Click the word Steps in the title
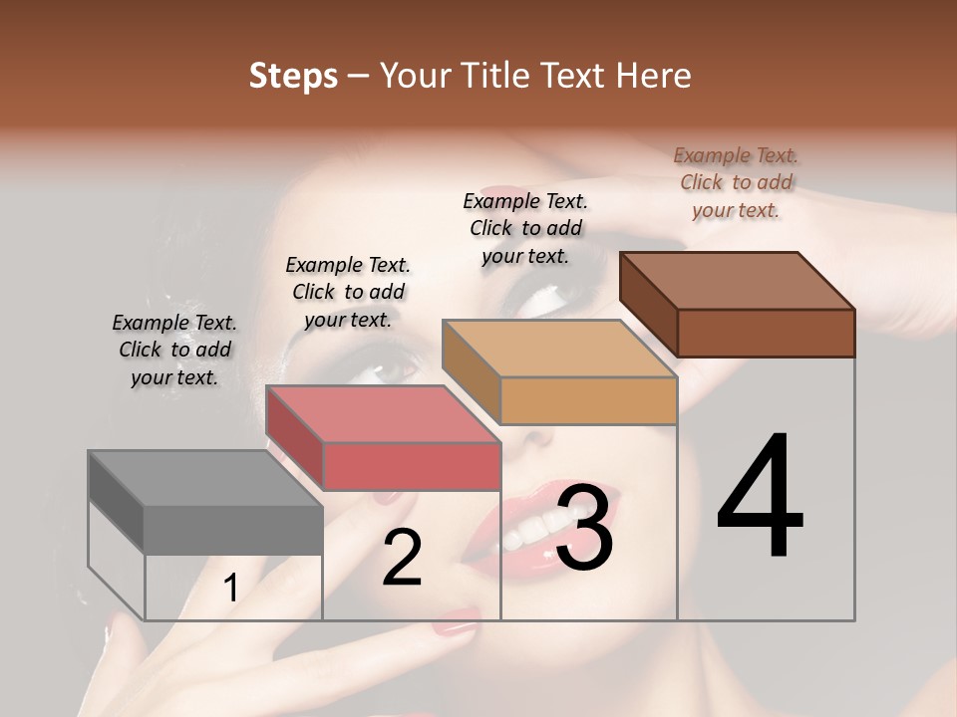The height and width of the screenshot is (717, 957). tap(293, 77)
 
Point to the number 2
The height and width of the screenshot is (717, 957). tap(402, 558)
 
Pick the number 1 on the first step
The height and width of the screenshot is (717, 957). tap(230, 589)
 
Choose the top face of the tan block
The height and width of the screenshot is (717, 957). tap(558, 349)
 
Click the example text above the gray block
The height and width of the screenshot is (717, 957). tap(174, 350)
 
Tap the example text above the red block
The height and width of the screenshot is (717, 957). tap(348, 292)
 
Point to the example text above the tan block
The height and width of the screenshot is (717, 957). tap(525, 228)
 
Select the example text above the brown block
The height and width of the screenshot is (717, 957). tap(736, 182)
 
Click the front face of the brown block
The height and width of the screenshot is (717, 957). tap(766, 333)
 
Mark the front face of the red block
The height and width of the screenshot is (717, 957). tap(412, 466)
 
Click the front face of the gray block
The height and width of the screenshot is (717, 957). tap(233, 530)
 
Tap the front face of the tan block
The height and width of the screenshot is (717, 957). tap(588, 401)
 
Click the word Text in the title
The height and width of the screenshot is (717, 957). tap(577, 77)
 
